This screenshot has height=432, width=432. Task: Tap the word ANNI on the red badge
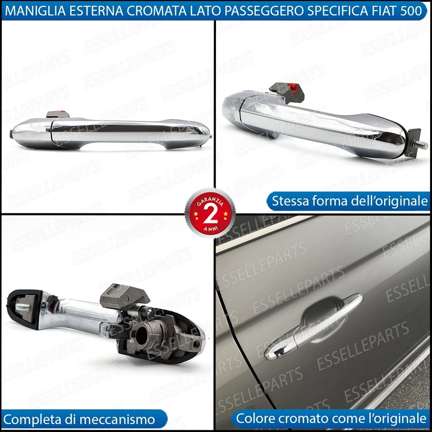point(210,227)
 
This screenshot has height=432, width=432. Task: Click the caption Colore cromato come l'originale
point(331,418)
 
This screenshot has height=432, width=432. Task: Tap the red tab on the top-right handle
point(295,87)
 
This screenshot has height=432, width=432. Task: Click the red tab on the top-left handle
point(66,114)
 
